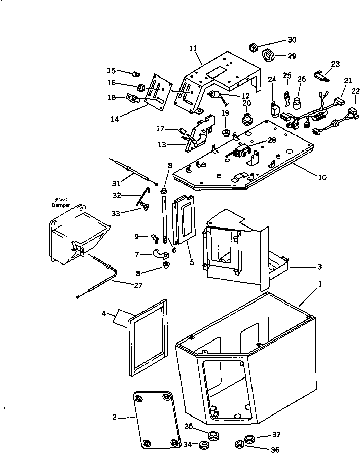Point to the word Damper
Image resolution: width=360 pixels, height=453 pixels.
click(61, 205)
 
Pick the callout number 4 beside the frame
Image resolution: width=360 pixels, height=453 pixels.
click(103, 314)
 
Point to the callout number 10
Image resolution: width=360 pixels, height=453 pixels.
click(322, 177)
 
